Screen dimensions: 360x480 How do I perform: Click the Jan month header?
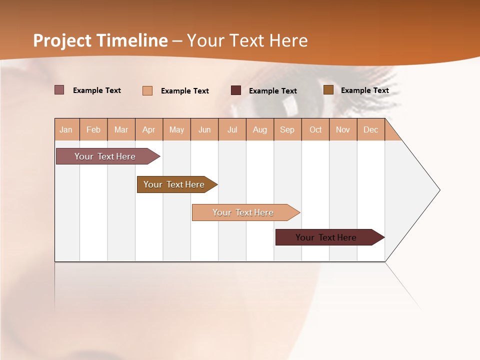coord(66,129)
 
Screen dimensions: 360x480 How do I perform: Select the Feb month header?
coord(93,129)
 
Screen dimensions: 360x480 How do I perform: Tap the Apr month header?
coord(149,129)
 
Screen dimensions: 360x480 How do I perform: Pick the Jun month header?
coord(204,129)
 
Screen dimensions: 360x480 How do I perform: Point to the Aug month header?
coord(260,129)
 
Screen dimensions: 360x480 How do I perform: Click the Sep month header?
coord(287,129)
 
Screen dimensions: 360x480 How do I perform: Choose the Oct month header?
coord(315,129)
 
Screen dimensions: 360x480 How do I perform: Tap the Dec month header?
coord(371,129)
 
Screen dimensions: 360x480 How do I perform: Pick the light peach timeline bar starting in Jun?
coord(243,212)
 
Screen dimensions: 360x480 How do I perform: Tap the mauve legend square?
coord(59,90)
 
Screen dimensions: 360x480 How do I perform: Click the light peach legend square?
coord(147,90)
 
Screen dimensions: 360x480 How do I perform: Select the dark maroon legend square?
coord(236,90)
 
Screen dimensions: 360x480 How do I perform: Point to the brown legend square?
coord(328,90)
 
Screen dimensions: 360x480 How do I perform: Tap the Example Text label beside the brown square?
coord(364,90)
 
